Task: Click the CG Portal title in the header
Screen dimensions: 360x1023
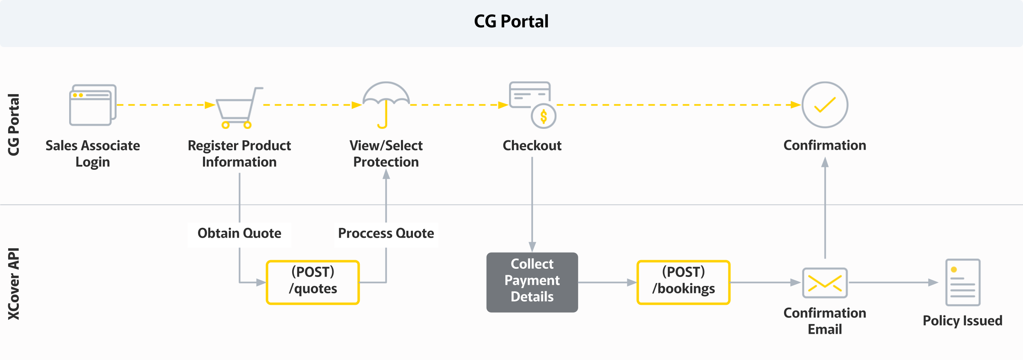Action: point(511,21)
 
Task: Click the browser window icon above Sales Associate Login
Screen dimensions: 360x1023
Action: point(92,105)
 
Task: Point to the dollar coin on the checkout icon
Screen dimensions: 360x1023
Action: point(543,117)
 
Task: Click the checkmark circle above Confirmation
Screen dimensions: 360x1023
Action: point(825,105)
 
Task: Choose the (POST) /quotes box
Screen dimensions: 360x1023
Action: point(313,282)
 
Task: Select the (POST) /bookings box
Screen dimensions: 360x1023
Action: point(683,282)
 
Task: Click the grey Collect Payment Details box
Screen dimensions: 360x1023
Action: point(532,282)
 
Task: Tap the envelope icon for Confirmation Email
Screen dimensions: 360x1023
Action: point(825,283)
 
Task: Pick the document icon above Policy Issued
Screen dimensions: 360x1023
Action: point(962,282)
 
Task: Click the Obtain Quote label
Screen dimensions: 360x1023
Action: point(239,234)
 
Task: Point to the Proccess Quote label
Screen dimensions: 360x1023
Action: point(386,234)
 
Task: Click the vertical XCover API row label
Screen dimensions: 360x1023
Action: point(14,283)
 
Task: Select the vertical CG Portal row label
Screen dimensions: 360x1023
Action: point(14,125)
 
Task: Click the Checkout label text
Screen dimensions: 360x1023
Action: point(532,146)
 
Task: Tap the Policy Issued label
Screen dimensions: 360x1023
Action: point(962,321)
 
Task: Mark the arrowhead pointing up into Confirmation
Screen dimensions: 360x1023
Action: point(825,163)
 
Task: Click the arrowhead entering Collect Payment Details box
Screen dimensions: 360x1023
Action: point(532,247)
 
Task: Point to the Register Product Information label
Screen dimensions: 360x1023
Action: point(239,154)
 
